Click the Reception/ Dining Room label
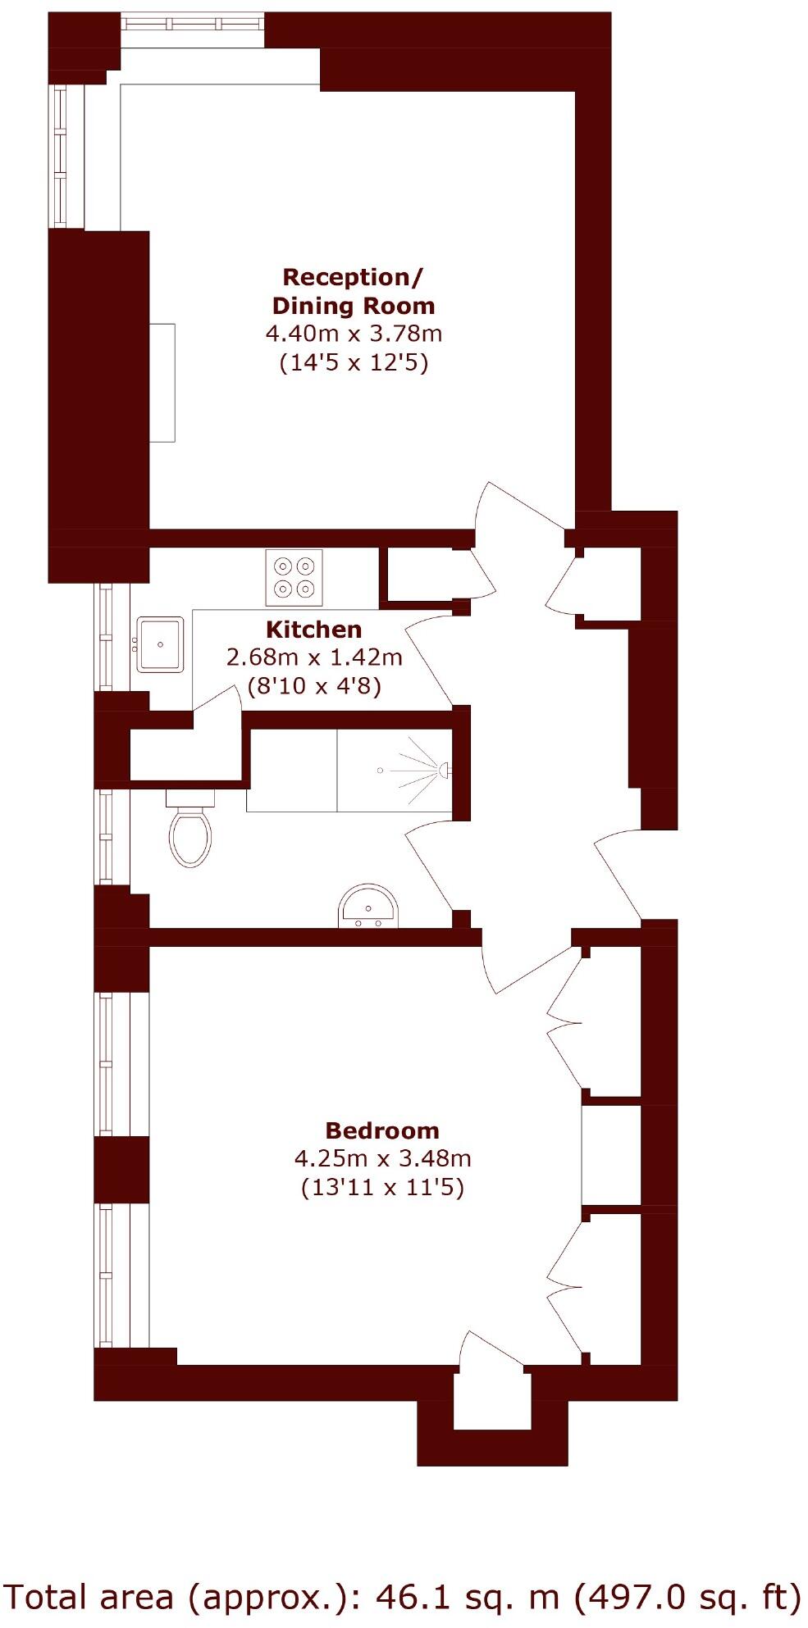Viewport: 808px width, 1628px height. [x=353, y=291]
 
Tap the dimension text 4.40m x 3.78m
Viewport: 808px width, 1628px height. [x=354, y=334]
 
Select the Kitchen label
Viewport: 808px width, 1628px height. [x=313, y=630]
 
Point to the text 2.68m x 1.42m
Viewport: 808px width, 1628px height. [x=314, y=657]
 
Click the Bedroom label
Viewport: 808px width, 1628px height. [x=382, y=1131]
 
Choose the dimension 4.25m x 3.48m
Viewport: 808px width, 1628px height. [x=382, y=1159]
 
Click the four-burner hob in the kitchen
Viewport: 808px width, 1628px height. [x=294, y=577]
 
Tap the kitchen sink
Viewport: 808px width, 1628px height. [x=160, y=644]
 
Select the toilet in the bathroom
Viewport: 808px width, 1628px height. [x=190, y=834]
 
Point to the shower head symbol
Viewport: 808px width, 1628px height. [x=443, y=770]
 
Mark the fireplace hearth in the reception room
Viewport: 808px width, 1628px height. [x=162, y=383]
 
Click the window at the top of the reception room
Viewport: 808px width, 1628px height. [x=193, y=22]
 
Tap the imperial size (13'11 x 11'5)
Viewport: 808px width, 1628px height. [x=382, y=1187]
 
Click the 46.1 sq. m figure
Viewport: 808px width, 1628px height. [x=467, y=1596]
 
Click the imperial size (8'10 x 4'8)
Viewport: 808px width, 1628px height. [x=314, y=685]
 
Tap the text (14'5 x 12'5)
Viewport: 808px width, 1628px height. [x=354, y=362]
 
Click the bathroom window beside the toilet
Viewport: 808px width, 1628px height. [x=104, y=836]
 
